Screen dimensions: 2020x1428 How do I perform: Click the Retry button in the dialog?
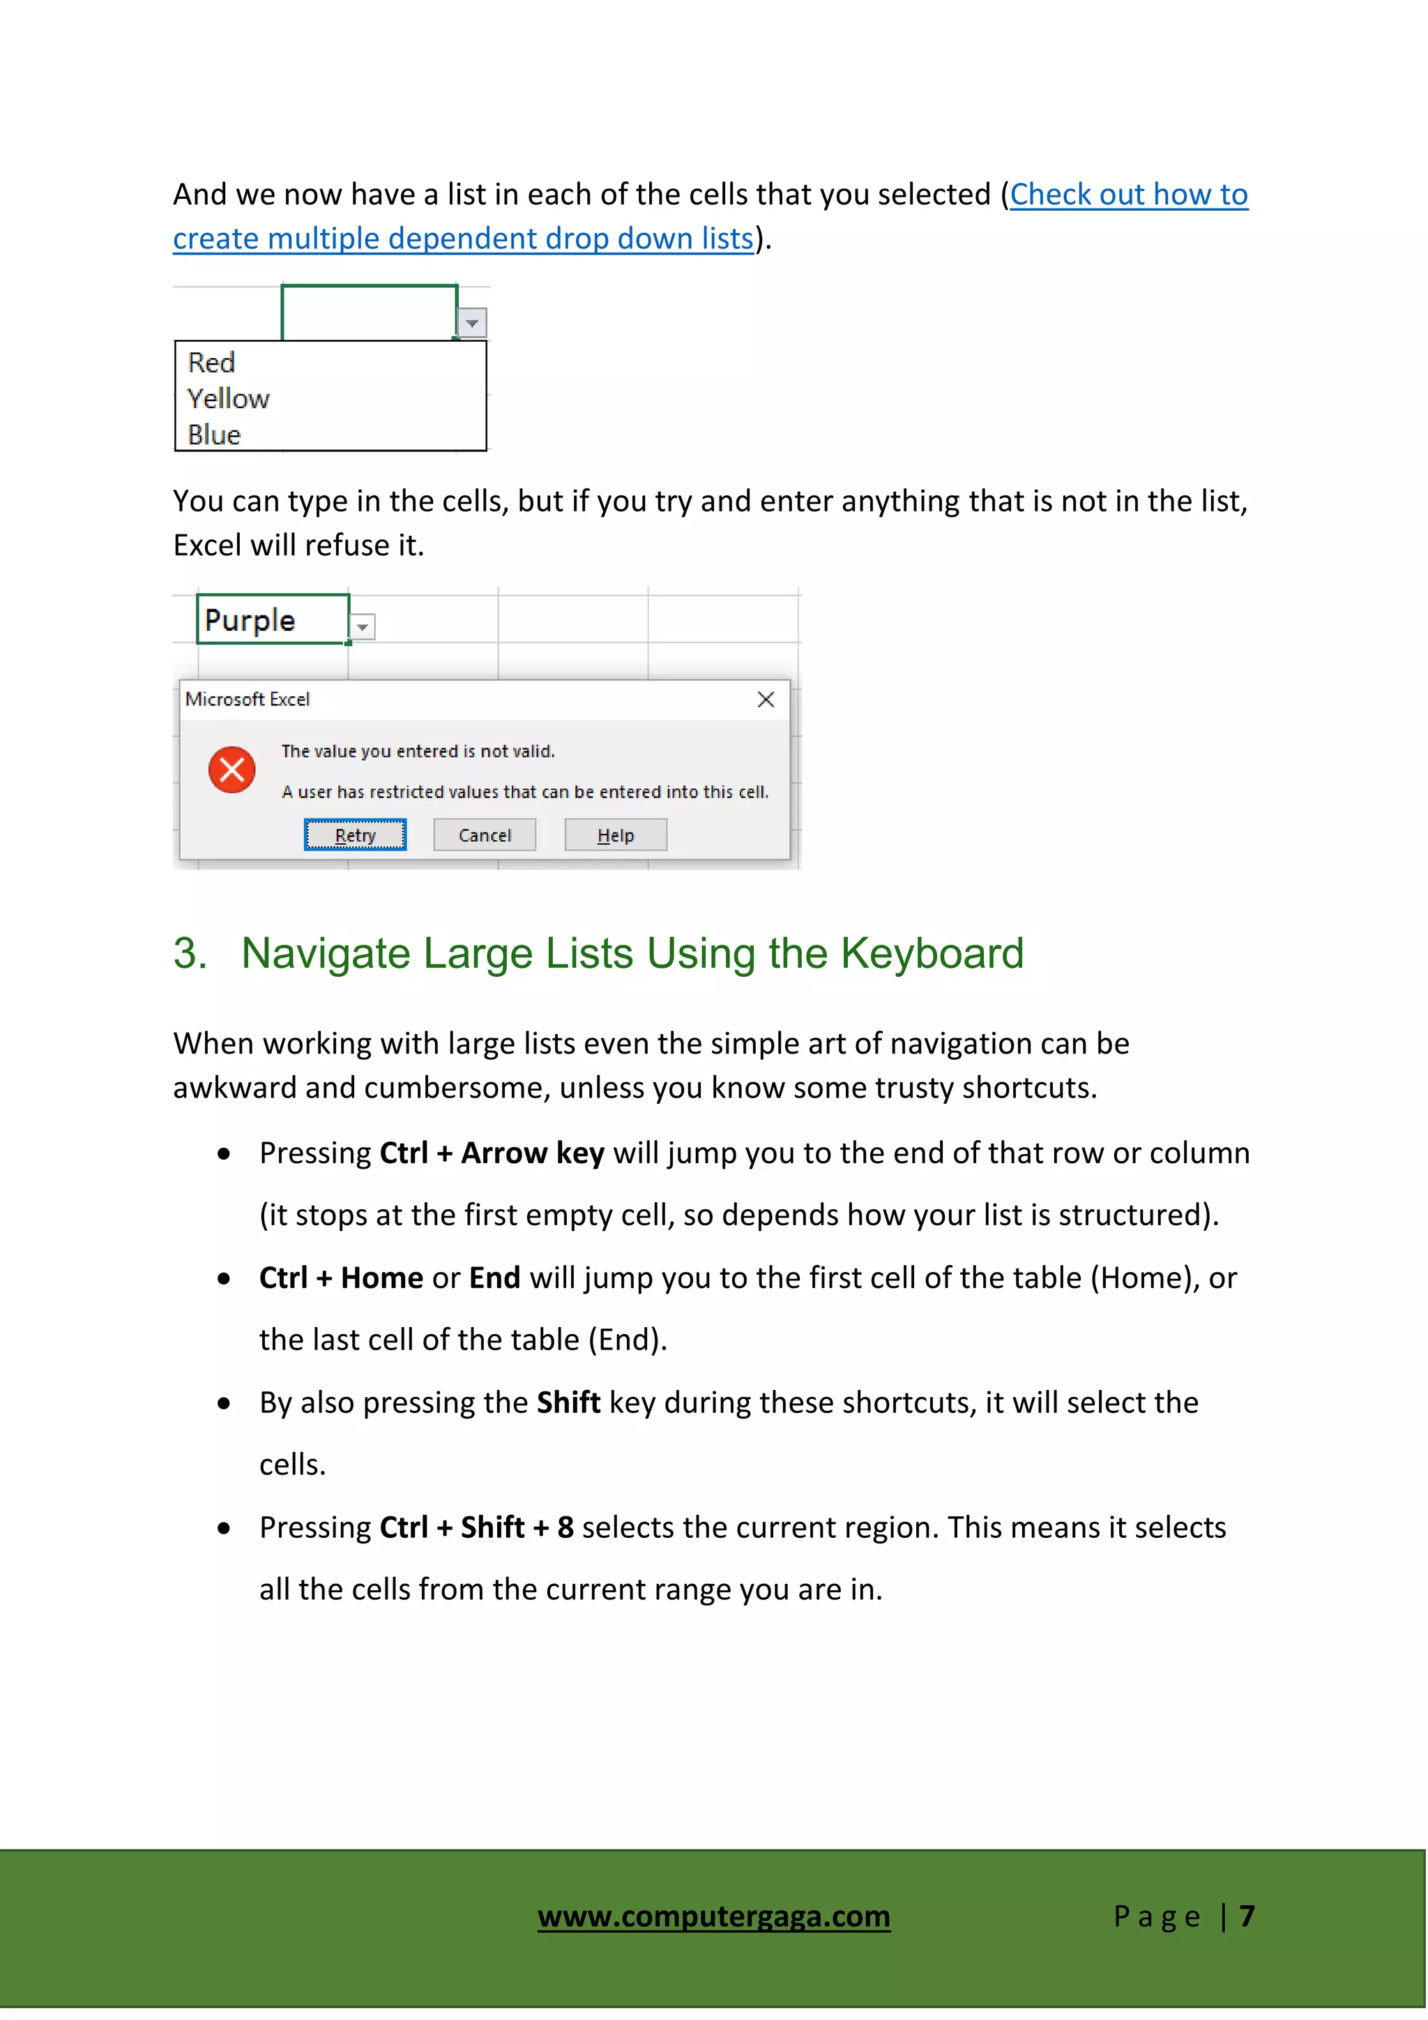[355, 835]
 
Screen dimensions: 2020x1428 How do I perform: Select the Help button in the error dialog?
[616, 835]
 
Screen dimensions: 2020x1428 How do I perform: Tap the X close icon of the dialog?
[766, 699]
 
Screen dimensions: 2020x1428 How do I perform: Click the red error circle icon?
[232, 770]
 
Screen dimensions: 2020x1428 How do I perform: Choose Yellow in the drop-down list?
[229, 399]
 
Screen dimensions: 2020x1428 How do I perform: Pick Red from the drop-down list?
[212, 362]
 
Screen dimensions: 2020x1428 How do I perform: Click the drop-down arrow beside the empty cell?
[472, 324]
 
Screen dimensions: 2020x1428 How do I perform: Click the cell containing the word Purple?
[273, 620]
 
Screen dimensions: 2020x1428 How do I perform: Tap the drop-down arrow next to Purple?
[363, 627]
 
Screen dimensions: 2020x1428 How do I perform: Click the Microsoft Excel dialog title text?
[248, 699]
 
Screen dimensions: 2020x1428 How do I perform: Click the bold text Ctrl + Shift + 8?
[477, 1527]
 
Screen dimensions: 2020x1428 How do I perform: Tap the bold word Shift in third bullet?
[568, 1402]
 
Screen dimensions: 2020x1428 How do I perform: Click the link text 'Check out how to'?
[1128, 195]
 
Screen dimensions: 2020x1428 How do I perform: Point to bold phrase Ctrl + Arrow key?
[492, 1153]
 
